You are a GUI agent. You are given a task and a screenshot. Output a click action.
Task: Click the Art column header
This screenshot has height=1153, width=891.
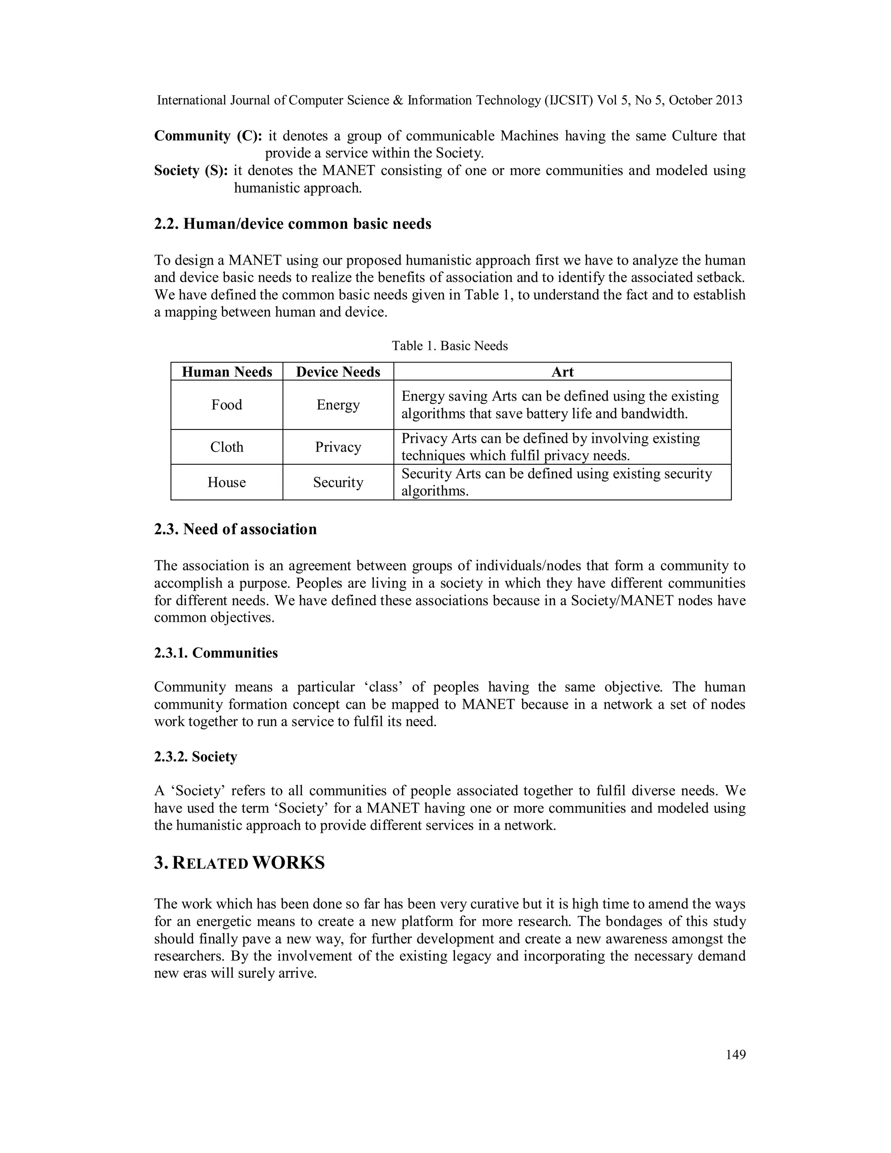click(x=562, y=372)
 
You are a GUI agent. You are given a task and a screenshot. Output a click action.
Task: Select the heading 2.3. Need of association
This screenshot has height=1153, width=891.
click(x=235, y=529)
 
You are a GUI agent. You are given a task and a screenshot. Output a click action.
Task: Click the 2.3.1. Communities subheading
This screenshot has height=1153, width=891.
click(x=216, y=653)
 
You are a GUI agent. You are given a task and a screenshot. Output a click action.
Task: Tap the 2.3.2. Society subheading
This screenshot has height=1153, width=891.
click(x=195, y=757)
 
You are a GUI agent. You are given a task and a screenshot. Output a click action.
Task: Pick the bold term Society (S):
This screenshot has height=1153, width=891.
click(x=191, y=171)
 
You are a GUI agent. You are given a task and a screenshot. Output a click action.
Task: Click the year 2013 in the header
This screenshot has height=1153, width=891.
click(x=729, y=101)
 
